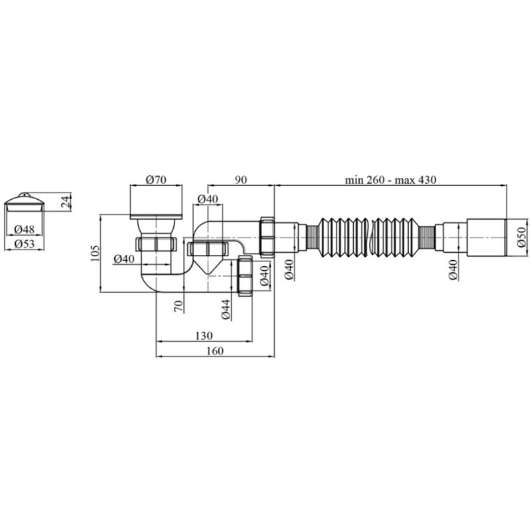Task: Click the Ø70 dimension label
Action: point(156,179)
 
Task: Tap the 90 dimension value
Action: point(240,179)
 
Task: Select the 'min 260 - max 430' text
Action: point(390,179)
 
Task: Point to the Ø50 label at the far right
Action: point(522,237)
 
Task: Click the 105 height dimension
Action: point(95,253)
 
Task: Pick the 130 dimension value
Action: point(204,336)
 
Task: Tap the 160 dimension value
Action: point(214,351)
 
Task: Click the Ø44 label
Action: point(226,309)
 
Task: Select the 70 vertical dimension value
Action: point(179,306)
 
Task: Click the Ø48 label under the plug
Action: point(25,229)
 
